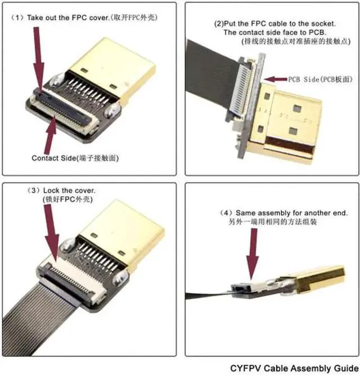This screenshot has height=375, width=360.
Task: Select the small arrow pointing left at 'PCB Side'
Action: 276,79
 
